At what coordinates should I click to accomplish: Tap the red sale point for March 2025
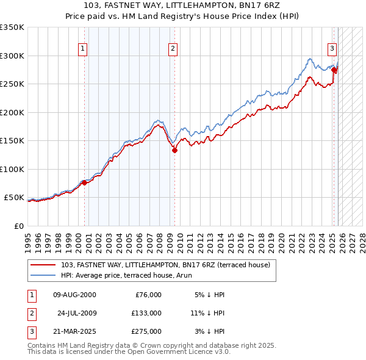[334, 70]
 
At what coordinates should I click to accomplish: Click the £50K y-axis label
[15, 198]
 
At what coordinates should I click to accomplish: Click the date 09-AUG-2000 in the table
[74, 295]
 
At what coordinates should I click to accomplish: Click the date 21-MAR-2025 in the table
[74, 331]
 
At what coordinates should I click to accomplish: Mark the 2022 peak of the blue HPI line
[310, 59]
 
